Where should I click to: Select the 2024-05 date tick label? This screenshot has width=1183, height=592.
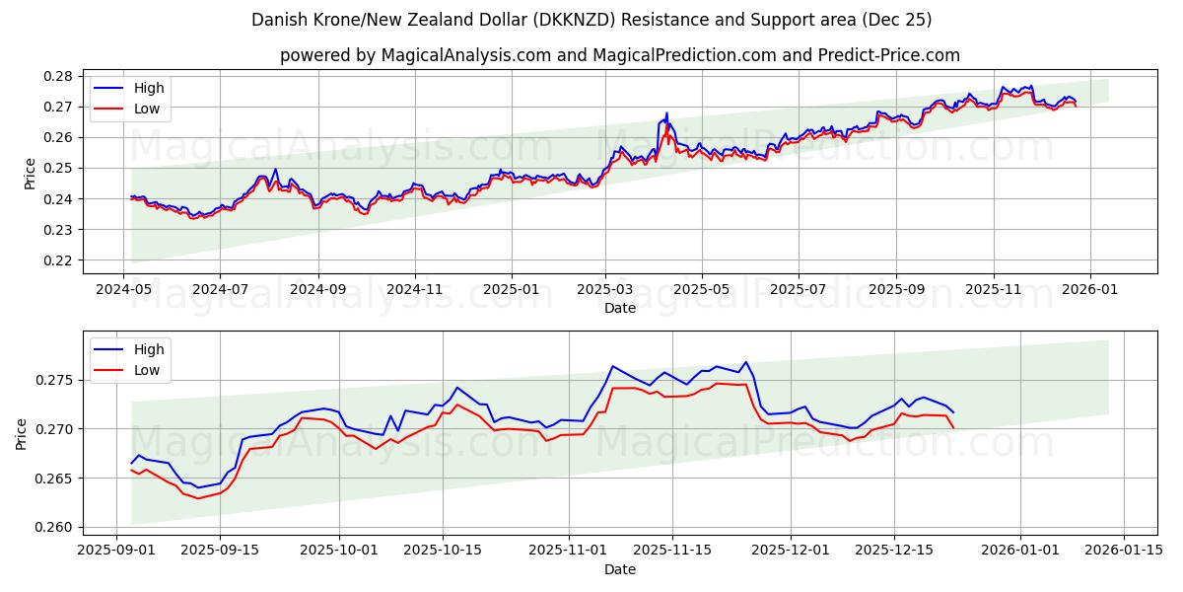tap(123, 290)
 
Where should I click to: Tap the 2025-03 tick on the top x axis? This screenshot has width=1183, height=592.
tap(605, 290)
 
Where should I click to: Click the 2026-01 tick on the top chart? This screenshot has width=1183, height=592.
tap(1089, 290)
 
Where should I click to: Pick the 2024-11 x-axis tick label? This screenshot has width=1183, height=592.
tap(414, 290)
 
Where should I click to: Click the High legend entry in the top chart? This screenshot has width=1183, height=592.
tap(149, 89)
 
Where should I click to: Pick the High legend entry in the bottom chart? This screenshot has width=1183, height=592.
tap(149, 349)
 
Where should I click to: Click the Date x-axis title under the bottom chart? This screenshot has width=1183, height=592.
tap(620, 569)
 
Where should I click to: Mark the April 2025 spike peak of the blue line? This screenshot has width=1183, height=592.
tap(666, 112)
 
